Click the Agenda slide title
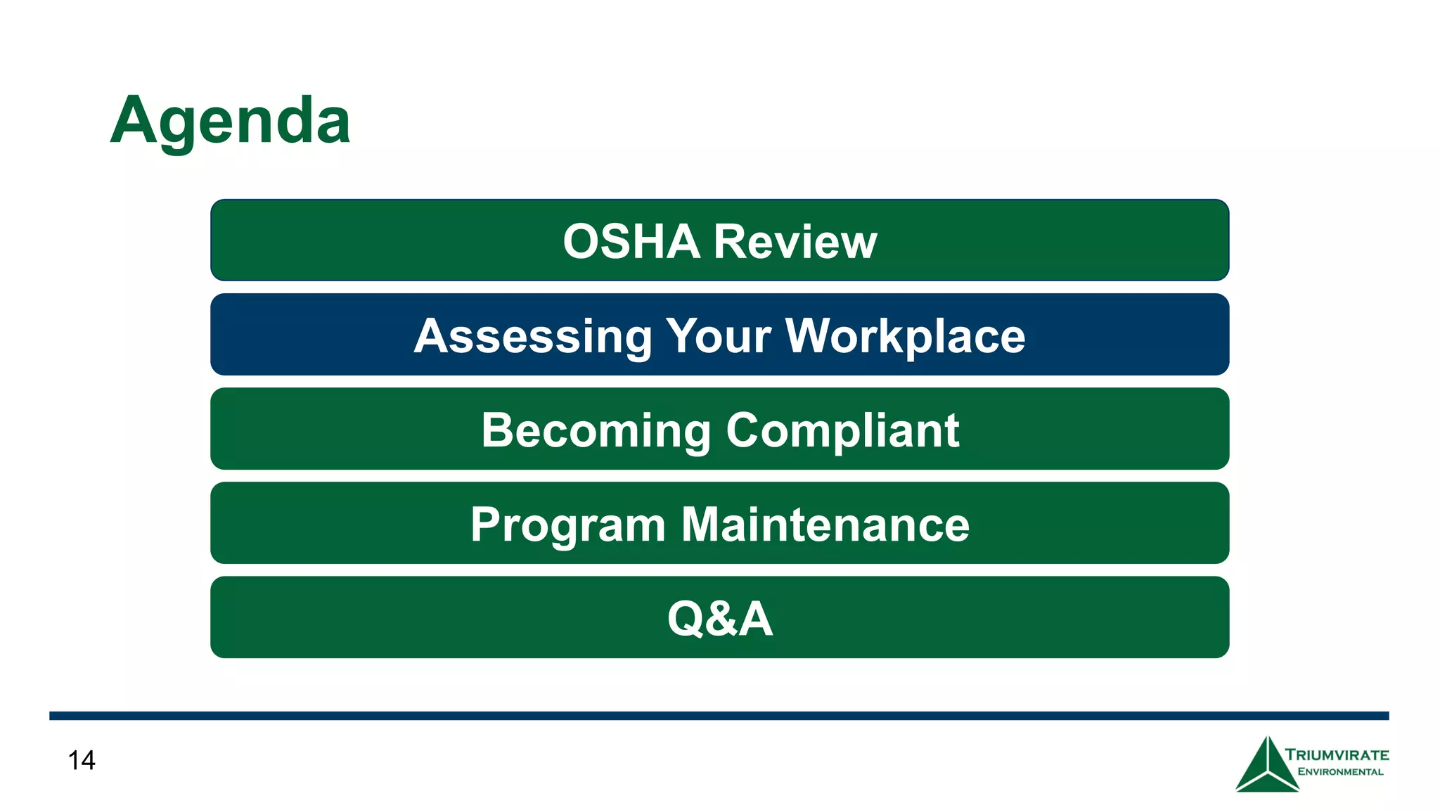point(230,121)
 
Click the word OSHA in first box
point(631,242)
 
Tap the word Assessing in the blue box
point(534,336)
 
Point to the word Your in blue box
point(719,336)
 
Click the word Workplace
point(905,336)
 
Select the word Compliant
point(842,430)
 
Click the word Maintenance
point(825,525)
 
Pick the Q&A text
point(720,619)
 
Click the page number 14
point(82,760)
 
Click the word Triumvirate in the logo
point(1337,755)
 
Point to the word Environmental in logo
point(1340,772)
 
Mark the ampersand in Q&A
point(721,619)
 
